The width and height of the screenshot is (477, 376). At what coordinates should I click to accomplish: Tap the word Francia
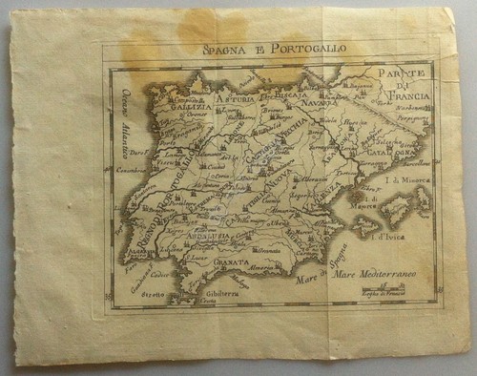[409, 97]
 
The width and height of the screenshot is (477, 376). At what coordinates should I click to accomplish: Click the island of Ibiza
[368, 226]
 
